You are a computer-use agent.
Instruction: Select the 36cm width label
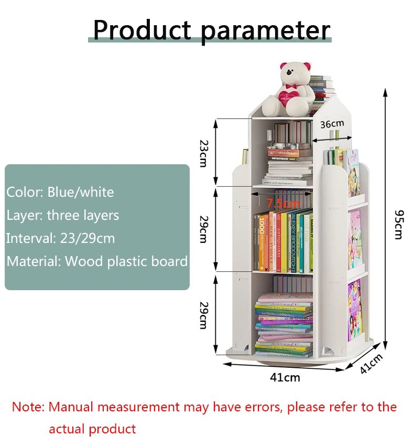[x=332, y=124]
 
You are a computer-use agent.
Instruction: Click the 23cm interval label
[x=203, y=152]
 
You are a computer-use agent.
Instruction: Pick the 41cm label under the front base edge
[x=285, y=377]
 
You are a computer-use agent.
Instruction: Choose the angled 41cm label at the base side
[x=371, y=363]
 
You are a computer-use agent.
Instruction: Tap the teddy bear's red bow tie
[x=288, y=84]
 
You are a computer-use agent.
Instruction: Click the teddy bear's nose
[x=289, y=74]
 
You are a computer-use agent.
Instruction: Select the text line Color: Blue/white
[x=60, y=192]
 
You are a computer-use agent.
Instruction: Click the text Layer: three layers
[x=63, y=215]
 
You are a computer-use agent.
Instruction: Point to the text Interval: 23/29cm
[x=61, y=238]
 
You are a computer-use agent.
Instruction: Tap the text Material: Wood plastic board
[x=97, y=261]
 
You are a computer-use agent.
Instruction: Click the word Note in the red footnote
[x=28, y=407]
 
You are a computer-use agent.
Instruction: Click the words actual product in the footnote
[x=92, y=429]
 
